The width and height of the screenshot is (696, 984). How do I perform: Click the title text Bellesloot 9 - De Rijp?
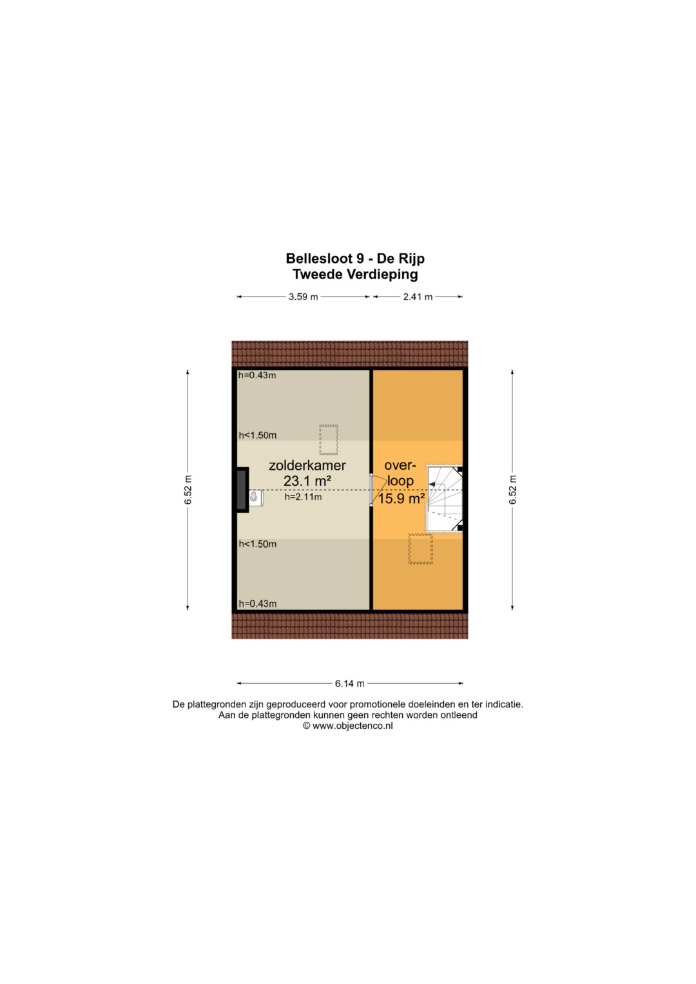[x=355, y=258]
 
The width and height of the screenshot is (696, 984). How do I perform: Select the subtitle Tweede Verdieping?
[x=355, y=274]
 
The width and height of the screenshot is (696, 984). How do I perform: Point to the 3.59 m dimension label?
[x=303, y=297]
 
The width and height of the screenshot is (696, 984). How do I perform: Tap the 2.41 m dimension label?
[x=418, y=297]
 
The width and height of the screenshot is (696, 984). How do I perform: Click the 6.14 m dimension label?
[x=350, y=684]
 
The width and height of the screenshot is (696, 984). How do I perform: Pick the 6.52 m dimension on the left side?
[x=188, y=489]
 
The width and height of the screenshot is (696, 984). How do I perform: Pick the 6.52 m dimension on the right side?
[x=513, y=489]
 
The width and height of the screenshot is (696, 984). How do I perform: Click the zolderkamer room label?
[x=307, y=465]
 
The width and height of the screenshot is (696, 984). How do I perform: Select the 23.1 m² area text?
[x=307, y=481]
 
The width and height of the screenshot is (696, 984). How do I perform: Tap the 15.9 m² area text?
[x=401, y=499]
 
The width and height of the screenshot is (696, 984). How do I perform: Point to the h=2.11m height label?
[x=303, y=497]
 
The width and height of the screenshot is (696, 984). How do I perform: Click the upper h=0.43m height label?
[x=257, y=375]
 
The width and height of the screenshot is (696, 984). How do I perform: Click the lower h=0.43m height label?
[x=258, y=604]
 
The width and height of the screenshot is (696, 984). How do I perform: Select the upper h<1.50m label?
[x=258, y=436]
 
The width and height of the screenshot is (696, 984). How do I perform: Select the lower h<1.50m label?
[x=258, y=544]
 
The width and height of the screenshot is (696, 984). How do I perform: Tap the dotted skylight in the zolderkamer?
[x=329, y=439]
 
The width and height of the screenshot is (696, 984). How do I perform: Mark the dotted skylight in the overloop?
[x=420, y=548]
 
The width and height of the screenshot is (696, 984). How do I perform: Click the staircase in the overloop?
[x=444, y=499]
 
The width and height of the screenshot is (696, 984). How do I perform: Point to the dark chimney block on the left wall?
[x=242, y=489]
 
